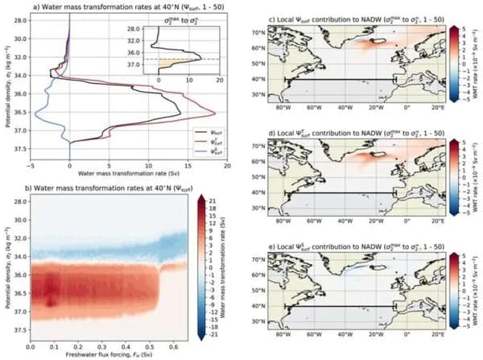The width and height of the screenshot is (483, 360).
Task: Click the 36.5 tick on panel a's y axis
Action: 19,112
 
